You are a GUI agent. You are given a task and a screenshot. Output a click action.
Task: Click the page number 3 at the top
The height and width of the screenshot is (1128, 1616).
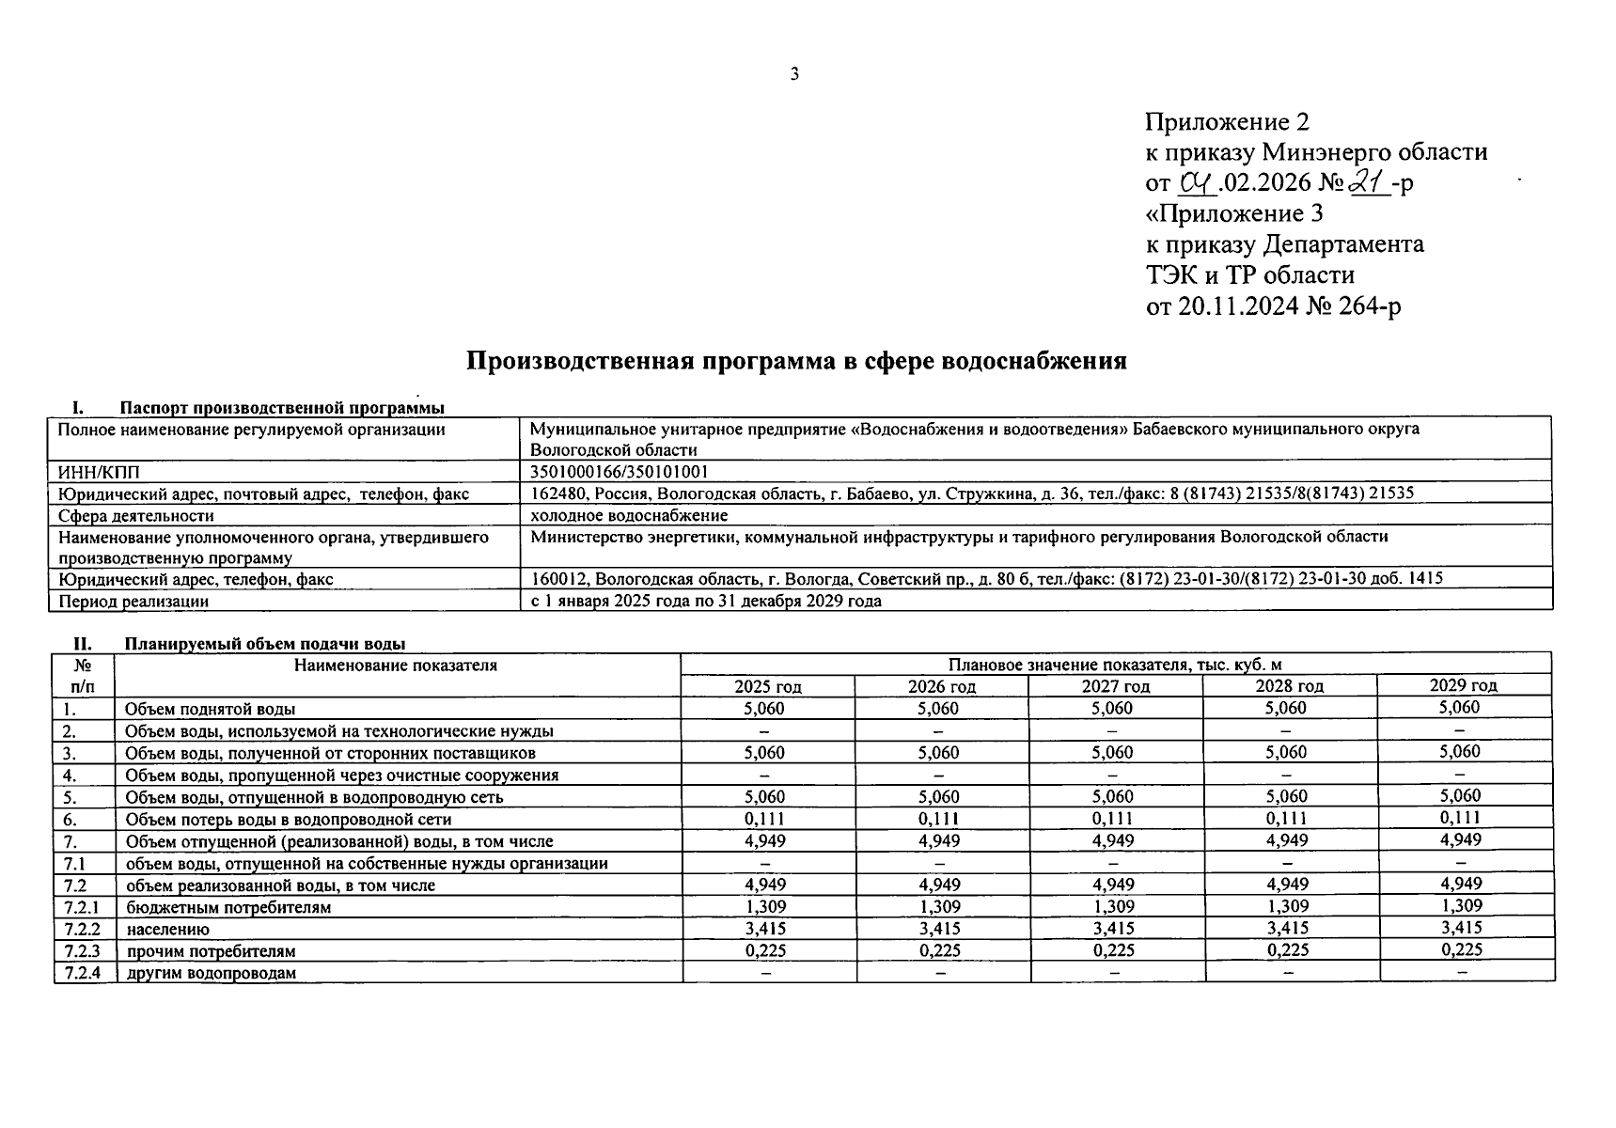click(794, 74)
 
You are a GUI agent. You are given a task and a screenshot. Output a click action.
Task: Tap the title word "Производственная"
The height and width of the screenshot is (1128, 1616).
click(576, 361)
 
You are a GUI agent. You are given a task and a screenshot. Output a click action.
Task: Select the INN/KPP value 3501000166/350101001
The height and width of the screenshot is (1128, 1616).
click(620, 472)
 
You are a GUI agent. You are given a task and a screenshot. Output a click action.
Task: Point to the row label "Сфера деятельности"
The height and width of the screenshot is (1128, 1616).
click(136, 515)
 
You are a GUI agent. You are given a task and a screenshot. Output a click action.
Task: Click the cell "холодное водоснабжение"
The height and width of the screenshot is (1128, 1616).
click(629, 515)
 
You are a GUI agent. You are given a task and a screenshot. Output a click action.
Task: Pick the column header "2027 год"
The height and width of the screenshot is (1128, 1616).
click(1115, 686)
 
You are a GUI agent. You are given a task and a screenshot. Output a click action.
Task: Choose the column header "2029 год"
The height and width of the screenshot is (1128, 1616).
click(1463, 685)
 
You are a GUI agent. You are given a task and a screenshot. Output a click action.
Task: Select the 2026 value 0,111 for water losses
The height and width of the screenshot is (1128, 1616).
click(938, 819)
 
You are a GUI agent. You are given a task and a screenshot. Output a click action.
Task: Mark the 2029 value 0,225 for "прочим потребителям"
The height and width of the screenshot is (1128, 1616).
click(1462, 949)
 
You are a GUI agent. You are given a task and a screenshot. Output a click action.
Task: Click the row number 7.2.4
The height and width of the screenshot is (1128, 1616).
click(83, 972)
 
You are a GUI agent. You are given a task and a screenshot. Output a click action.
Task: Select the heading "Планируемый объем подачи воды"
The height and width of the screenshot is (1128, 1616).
click(265, 644)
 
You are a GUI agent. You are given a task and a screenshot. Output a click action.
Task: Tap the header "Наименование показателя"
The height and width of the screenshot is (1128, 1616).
click(396, 666)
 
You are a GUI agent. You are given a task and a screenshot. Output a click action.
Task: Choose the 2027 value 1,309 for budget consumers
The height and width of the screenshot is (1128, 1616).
click(1113, 907)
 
